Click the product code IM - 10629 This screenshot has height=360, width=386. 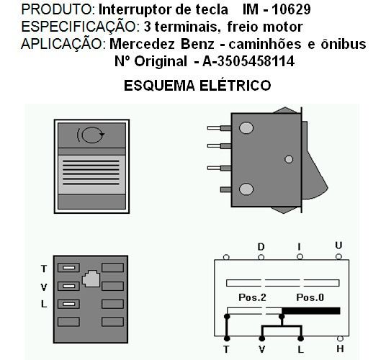tap(277, 10)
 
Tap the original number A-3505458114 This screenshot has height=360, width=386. tap(248, 61)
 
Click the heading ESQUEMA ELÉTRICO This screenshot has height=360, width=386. tap(197, 86)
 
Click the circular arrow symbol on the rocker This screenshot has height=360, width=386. tap(91, 135)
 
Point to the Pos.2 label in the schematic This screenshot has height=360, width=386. tap(252, 297)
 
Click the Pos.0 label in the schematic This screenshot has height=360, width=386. tap(310, 297)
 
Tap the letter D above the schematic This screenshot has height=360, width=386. tap(261, 246)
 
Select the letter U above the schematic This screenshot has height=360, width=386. tap(338, 246)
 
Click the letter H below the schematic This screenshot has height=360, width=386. tap(340, 348)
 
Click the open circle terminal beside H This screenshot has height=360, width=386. tap(340, 338)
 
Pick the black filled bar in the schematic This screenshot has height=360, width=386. tap(311, 311)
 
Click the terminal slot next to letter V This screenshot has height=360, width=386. tap(68, 286)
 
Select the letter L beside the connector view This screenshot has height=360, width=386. tap(44, 304)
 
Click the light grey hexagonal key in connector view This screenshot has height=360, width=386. tap(91, 279)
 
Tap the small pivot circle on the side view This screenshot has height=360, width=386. tap(289, 159)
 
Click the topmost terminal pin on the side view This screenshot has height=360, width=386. tap(219, 128)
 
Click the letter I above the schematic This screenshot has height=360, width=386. tap(300, 246)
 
